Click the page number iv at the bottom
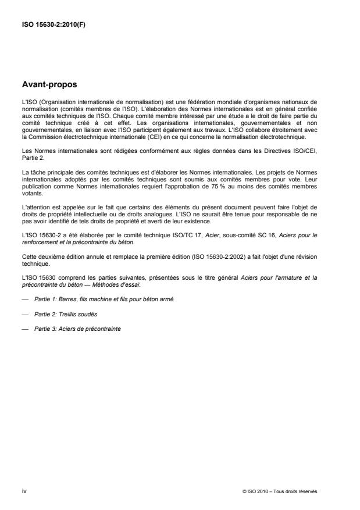click(24, 491)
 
